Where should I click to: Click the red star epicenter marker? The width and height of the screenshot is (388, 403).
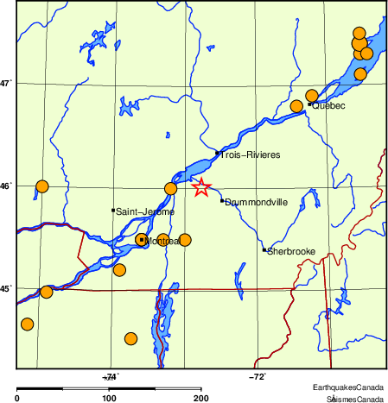pyautogui.click(x=200, y=186)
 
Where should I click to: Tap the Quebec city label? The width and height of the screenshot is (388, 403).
pyautogui.click(x=328, y=106)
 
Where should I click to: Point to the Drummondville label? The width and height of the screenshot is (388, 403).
pyautogui.click(x=256, y=202)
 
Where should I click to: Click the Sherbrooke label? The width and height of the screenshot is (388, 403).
pyautogui.click(x=291, y=251)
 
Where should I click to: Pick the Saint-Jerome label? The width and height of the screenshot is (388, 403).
pyautogui.click(x=145, y=211)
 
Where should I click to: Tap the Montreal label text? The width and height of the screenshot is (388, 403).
pyautogui.click(x=162, y=242)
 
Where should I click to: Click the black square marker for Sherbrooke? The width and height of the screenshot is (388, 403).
pyautogui.click(x=264, y=249)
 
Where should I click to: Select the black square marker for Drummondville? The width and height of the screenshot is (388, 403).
pyautogui.click(x=222, y=201)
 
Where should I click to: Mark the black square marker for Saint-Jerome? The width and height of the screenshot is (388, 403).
pyautogui.click(x=113, y=210)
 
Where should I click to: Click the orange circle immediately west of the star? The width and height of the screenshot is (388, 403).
pyautogui.click(x=170, y=188)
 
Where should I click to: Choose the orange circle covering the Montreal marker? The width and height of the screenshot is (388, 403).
pyautogui.click(x=142, y=240)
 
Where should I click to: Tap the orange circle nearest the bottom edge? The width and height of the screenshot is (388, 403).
pyautogui.click(x=131, y=338)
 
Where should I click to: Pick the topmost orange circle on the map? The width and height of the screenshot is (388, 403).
pyautogui.click(x=359, y=34)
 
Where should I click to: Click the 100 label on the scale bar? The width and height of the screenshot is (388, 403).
pyautogui.click(x=109, y=398)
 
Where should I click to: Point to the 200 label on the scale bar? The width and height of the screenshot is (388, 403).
pyautogui.click(x=200, y=398)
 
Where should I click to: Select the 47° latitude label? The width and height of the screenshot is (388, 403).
pyautogui.click(x=6, y=84)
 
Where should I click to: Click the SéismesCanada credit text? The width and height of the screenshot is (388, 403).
pyautogui.click(x=354, y=399)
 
